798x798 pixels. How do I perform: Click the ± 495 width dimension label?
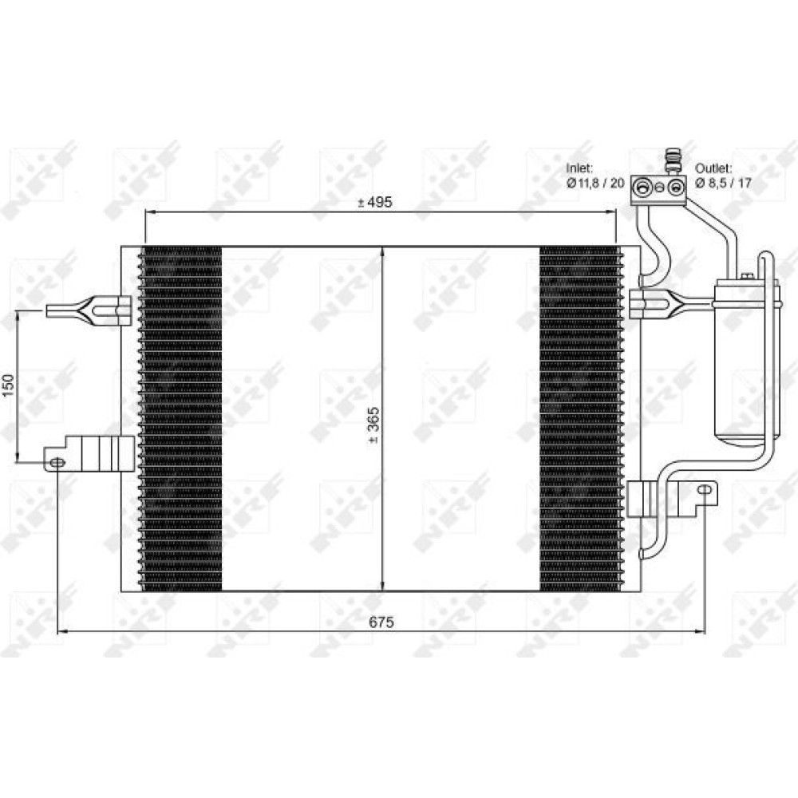pos(374,202)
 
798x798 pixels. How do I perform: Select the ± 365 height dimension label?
pos(373,425)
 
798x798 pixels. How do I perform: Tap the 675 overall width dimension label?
pos(381,622)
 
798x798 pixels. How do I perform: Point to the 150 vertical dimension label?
pos(8,387)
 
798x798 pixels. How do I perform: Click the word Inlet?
pos(579,168)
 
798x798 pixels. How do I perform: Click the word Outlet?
pos(713,168)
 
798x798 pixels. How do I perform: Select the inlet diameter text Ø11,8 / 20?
pos(595,183)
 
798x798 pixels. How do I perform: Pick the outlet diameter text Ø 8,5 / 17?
pos(723,183)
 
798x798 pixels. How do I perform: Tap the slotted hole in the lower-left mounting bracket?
pos(57,462)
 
